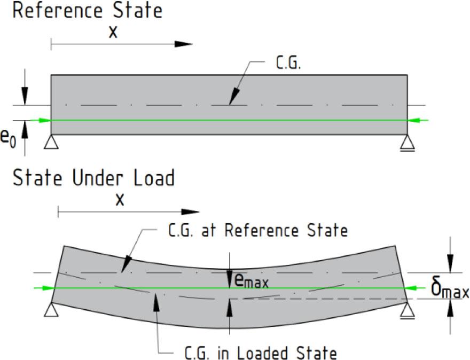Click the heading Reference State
tap(87, 10)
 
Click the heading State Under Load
tap(93, 177)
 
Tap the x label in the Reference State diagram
tap(113, 32)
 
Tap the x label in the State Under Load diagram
tap(120, 200)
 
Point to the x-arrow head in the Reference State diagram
tap(183, 44)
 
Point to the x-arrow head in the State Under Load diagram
tap(191, 212)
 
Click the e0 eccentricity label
tap(8, 138)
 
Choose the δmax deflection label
tap(450, 289)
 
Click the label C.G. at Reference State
tap(257, 230)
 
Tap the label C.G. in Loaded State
tap(260, 353)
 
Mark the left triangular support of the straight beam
tap(51, 142)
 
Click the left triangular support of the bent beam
tap(51, 309)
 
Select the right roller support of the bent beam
tap(408, 310)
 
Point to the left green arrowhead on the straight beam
tap(45, 120)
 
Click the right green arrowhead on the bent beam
tap(413, 288)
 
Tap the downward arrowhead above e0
tap(25, 96)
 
